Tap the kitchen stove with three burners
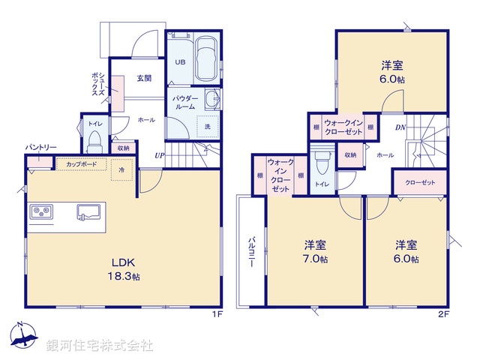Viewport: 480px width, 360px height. click(42, 212)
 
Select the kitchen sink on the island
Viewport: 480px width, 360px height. click(88, 212)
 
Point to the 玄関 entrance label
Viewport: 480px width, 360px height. click(145, 77)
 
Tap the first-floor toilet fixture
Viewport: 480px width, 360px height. click(94, 140)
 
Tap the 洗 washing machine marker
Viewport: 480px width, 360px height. click(207, 127)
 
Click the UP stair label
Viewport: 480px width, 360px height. click(159, 155)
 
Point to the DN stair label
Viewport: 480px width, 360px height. click(400, 128)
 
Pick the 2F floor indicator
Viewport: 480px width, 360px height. click(442, 313)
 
